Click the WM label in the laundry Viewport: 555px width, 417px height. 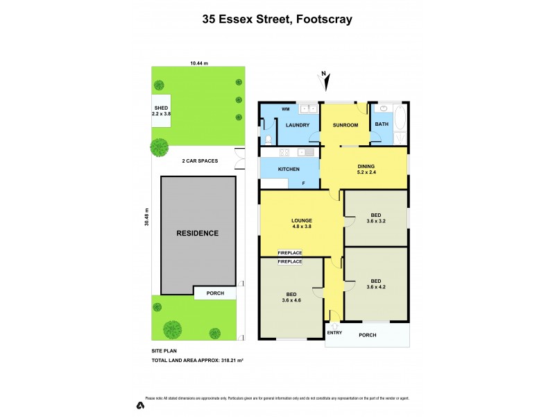point(285,109)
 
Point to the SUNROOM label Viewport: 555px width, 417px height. point(345,125)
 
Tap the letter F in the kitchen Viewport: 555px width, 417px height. point(303,183)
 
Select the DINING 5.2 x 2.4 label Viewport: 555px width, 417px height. point(368,169)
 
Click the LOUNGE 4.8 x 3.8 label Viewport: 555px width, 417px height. point(301,223)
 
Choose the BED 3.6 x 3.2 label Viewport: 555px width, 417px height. point(376,219)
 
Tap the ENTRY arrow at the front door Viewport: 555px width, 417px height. point(334,325)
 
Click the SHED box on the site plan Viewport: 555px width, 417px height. point(161,111)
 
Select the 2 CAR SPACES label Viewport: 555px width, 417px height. point(200,161)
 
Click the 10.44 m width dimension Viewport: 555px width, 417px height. point(199,63)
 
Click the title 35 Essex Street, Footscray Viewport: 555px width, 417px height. point(277,19)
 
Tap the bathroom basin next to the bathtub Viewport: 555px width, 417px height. point(382,110)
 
